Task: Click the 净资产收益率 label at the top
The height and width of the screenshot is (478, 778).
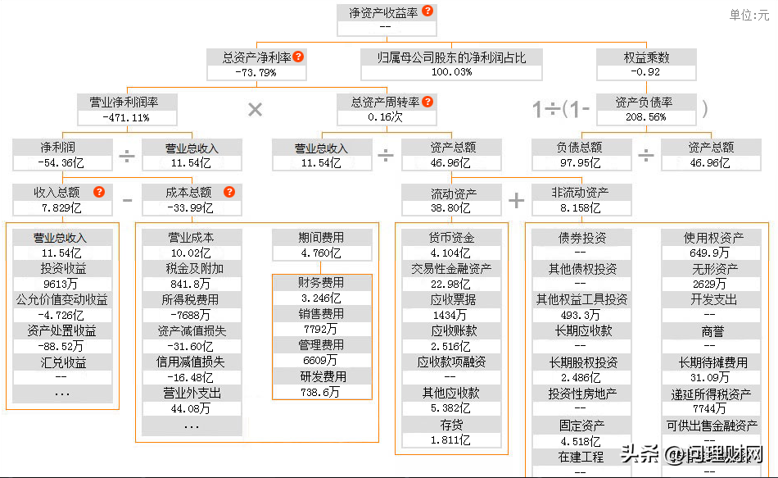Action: click(378, 12)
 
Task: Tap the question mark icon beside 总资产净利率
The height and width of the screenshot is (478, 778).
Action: click(298, 57)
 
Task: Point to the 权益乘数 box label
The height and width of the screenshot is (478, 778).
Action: click(646, 57)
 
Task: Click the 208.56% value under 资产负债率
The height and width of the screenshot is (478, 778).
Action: click(646, 117)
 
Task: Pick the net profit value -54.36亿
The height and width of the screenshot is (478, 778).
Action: click(63, 163)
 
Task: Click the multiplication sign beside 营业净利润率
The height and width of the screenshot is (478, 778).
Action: click(255, 110)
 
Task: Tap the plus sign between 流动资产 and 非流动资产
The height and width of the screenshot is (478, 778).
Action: click(517, 201)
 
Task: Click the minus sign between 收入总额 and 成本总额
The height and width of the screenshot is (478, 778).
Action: click(127, 200)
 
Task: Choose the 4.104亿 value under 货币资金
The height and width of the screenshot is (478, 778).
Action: click(452, 253)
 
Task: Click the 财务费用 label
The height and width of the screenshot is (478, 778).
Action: click(321, 283)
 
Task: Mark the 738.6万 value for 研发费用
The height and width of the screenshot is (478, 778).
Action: click(321, 393)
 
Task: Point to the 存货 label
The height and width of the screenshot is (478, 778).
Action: click(452, 424)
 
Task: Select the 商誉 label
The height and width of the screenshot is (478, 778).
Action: click(712, 331)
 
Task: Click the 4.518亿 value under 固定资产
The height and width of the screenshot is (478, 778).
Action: click(581, 440)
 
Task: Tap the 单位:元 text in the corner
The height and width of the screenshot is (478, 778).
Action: click(749, 16)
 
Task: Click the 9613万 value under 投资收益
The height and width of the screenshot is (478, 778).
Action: click(63, 284)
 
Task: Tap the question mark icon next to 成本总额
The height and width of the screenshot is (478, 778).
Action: click(229, 192)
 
